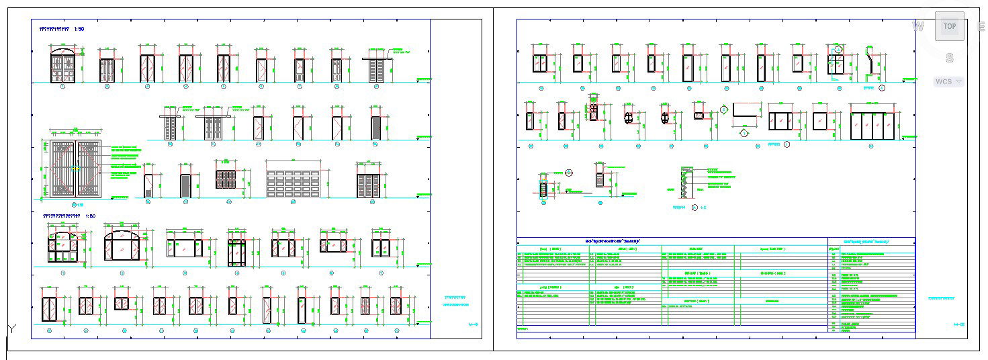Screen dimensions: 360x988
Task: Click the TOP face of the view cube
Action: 949,26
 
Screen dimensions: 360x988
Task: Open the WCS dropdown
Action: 948,81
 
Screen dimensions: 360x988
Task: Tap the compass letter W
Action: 918,26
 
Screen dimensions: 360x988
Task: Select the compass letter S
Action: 949,58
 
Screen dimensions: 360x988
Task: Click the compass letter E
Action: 982,26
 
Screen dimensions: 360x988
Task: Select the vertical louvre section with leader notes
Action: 686,182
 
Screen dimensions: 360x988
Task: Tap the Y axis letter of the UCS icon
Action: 11,328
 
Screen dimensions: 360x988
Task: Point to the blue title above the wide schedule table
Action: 613,240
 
